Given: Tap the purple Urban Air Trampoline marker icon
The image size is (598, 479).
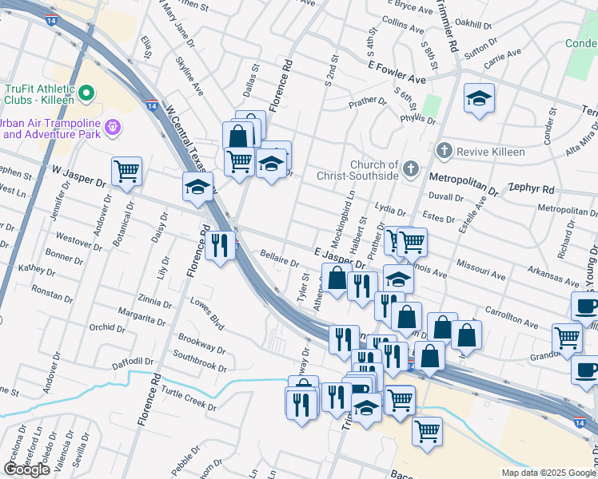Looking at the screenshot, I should [113, 125].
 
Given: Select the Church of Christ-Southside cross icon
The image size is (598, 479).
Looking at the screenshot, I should [410, 168].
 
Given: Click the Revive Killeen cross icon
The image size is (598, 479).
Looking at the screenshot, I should [444, 151].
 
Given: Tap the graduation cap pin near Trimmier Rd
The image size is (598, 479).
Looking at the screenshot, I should [479, 99].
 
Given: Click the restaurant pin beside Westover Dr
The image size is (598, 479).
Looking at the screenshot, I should [219, 245].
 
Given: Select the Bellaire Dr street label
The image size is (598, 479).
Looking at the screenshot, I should [279, 259].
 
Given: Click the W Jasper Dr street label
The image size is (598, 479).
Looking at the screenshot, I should [78, 176].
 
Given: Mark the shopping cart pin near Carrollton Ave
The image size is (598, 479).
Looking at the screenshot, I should [567, 337].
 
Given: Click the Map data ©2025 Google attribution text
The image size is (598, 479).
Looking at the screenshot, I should [548, 473].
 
